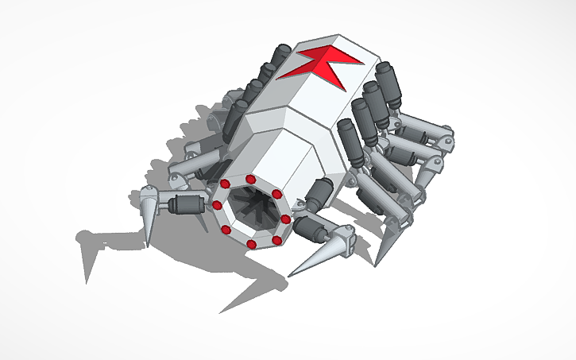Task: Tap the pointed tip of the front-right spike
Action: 289,276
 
